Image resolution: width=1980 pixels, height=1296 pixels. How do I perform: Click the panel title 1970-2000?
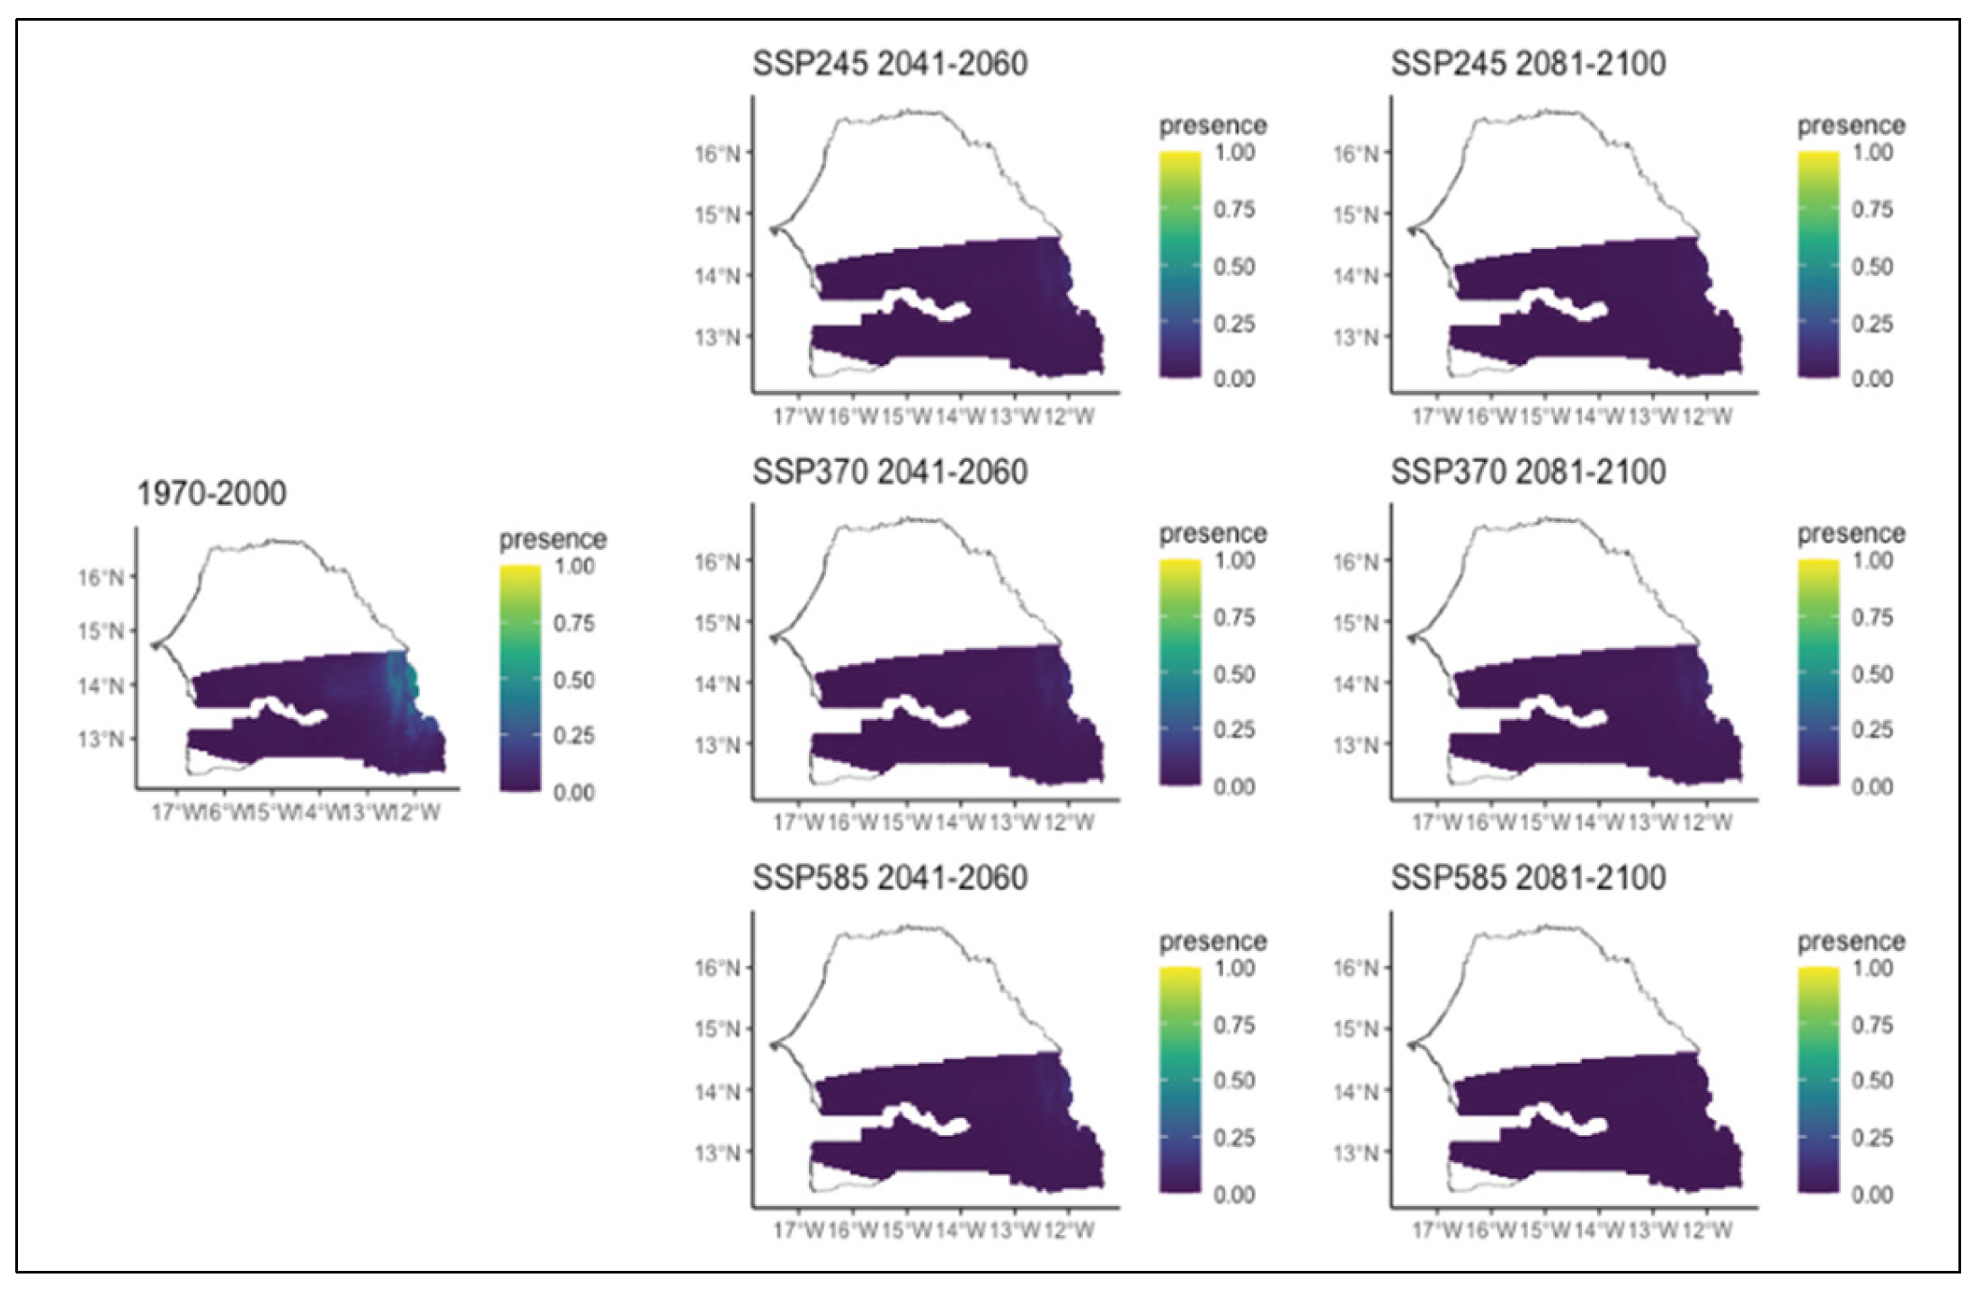tap(211, 493)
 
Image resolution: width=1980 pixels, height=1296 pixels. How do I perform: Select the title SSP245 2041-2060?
tap(890, 64)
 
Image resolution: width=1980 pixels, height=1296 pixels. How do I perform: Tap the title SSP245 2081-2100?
tap(1528, 64)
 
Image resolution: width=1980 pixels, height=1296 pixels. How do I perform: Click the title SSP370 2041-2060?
tap(890, 472)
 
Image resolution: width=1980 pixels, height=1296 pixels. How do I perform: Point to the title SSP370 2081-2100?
tap(1528, 472)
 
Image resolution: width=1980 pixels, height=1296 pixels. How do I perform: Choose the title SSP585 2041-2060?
tap(890, 878)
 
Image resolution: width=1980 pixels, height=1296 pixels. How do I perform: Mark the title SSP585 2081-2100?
tap(1528, 878)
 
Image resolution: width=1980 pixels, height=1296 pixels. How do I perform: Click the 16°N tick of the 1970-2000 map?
tap(101, 577)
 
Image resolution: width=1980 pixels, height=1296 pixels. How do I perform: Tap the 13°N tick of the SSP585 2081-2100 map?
tap(1355, 1152)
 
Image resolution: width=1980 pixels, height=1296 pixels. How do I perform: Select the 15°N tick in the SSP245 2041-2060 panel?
tap(717, 215)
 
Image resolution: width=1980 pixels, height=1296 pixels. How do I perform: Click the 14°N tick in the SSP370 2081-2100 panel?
tap(1355, 684)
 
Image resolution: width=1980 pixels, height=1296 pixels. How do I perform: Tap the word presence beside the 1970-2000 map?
tap(553, 539)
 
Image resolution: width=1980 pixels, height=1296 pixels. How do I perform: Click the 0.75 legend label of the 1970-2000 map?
tap(573, 623)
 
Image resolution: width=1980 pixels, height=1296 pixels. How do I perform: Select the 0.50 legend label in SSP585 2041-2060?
tap(1234, 1080)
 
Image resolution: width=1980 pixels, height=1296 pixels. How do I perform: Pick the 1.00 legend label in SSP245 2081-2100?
tap(1872, 153)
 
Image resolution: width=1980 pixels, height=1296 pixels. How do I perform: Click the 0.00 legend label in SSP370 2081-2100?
tap(1872, 787)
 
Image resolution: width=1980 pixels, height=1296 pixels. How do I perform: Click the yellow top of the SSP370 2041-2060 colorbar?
tap(1180, 566)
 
